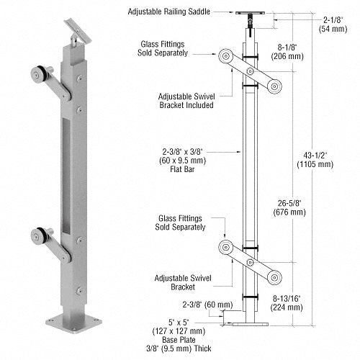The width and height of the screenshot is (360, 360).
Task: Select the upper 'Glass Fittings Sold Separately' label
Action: [166, 48]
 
